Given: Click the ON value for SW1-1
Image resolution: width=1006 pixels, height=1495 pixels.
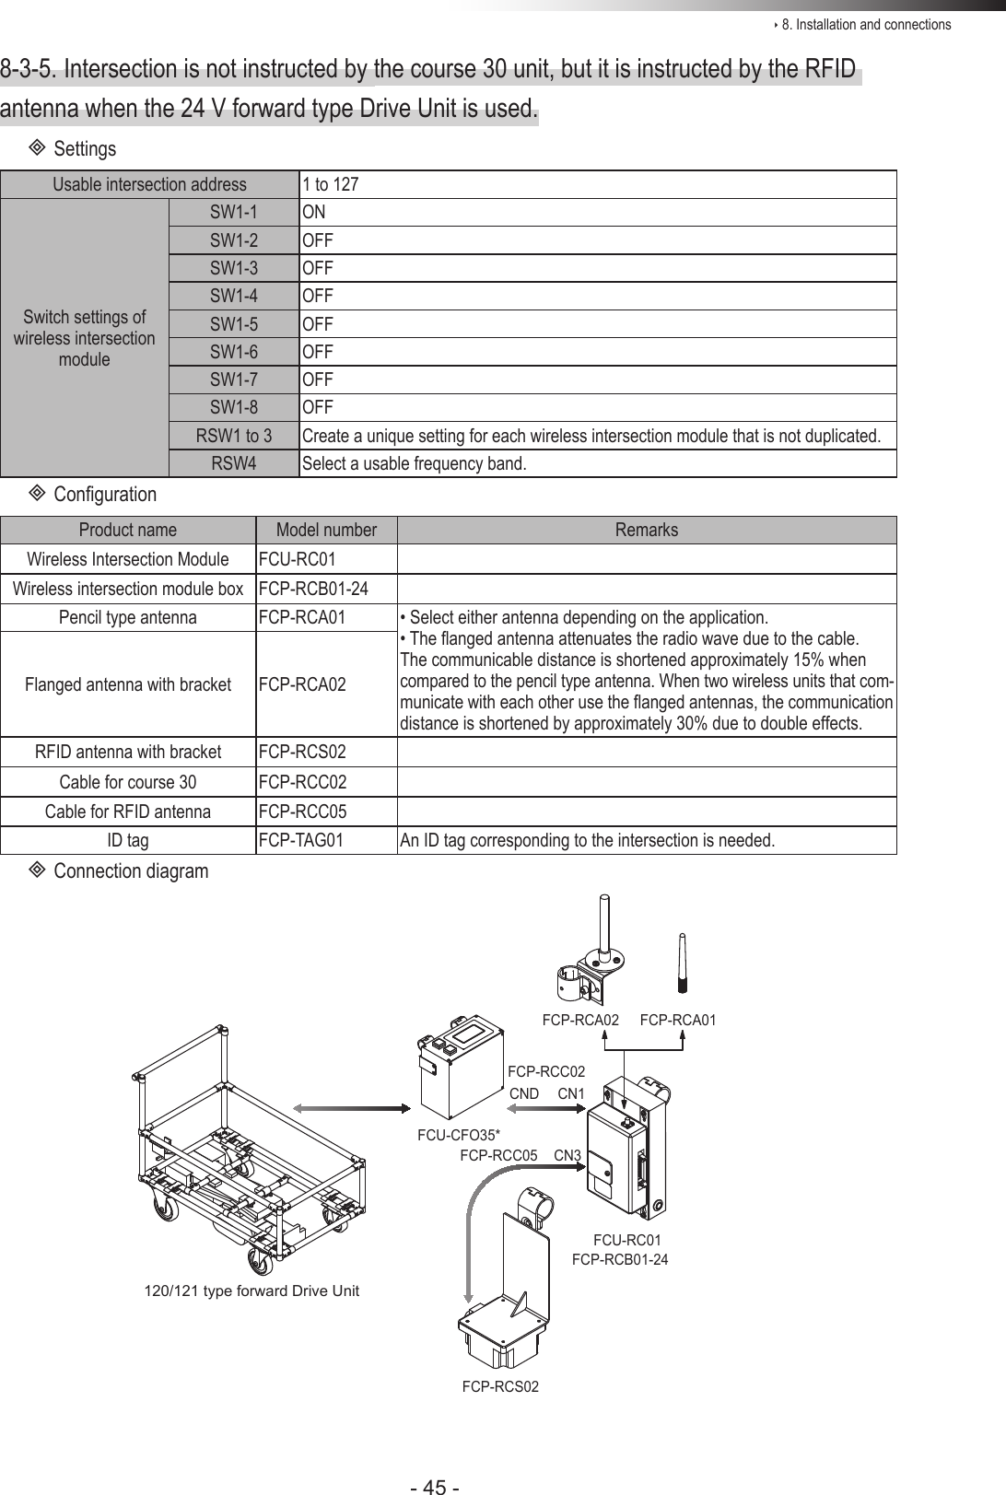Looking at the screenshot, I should pos(314,213).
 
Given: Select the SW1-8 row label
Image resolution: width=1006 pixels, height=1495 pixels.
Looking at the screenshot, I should pos(234,407).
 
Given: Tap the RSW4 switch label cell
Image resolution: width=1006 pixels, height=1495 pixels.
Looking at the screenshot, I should pos(234,462).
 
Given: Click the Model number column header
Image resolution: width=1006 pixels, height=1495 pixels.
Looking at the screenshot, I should pos(326,530).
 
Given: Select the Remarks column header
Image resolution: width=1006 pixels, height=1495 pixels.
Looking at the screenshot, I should pos(646,530).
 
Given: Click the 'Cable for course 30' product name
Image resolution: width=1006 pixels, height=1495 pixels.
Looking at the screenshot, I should pos(127,782).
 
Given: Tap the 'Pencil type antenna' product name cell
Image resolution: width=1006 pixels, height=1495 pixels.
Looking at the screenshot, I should pos(127,617).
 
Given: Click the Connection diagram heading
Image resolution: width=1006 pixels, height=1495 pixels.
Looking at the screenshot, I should pos(131,870).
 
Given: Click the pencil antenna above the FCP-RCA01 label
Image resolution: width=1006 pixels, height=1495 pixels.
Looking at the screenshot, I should pos(683,963).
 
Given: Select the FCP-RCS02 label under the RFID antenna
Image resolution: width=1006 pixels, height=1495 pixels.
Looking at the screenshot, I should pos(500,1386).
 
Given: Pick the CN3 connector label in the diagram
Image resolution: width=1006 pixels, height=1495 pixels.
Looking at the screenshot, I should pos(567,1155).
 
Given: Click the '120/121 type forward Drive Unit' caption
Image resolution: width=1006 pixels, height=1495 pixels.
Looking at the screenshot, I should pos(251,1291).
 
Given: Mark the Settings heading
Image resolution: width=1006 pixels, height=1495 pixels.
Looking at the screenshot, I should pos(85,148).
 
